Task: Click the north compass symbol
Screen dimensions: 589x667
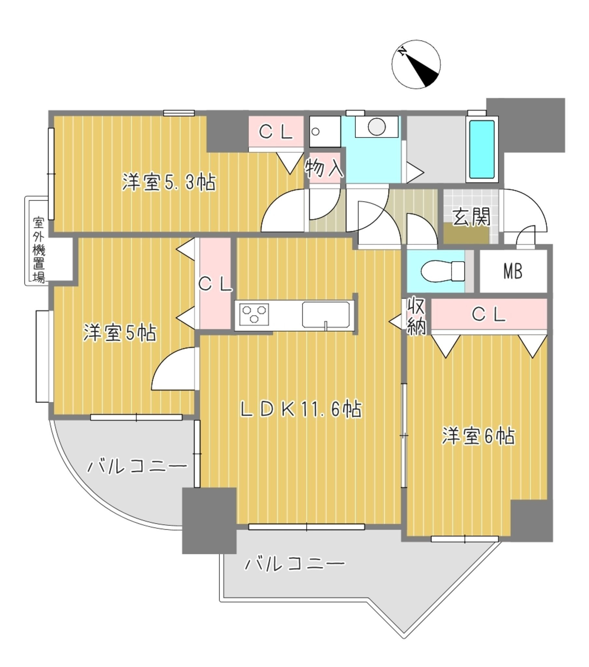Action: coord(416,64)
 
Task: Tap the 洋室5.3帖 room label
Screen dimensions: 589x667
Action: coord(169,182)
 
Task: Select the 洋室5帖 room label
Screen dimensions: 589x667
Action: coord(120,333)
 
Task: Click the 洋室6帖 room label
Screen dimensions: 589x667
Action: coord(479,436)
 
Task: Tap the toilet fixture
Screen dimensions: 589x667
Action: coord(442,271)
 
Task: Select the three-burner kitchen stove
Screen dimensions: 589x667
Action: coord(254,315)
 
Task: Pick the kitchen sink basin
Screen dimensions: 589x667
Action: coord(326,315)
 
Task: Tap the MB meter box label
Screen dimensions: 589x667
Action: coord(512,271)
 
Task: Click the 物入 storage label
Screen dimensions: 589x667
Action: coord(324,168)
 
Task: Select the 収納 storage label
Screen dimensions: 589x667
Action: coord(416,316)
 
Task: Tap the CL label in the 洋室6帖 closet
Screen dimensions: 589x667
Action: coord(488,315)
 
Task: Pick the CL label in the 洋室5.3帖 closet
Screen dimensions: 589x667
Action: coord(276,132)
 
